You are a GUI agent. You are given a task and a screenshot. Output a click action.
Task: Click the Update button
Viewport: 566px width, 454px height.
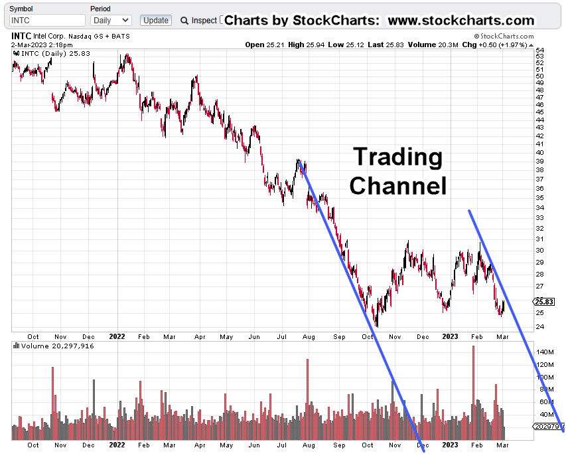(156, 21)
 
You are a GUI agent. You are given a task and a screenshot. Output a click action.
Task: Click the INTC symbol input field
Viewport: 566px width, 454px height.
(47, 21)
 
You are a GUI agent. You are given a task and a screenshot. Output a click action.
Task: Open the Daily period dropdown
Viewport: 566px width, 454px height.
(110, 21)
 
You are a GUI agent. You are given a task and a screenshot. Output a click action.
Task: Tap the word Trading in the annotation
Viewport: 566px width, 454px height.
(397, 157)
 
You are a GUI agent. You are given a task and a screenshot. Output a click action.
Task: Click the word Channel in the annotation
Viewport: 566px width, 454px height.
(397, 185)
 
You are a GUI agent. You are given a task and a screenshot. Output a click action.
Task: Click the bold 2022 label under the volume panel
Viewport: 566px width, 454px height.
(117, 445)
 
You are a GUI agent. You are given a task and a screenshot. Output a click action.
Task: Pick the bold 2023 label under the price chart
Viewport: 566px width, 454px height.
(450, 336)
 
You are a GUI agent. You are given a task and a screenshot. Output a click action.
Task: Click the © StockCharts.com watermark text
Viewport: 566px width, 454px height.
(504, 37)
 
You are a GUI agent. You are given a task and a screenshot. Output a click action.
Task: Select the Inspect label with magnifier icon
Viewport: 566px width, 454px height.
(198, 21)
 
